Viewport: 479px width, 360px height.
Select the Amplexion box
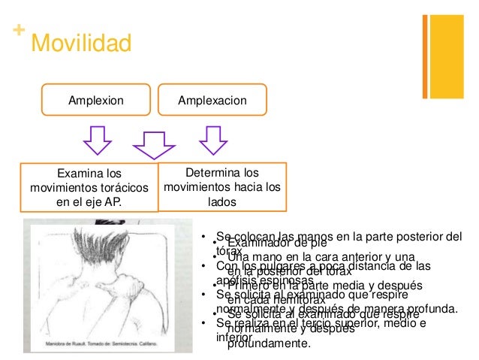(97, 100)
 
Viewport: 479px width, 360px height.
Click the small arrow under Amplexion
(97, 138)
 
